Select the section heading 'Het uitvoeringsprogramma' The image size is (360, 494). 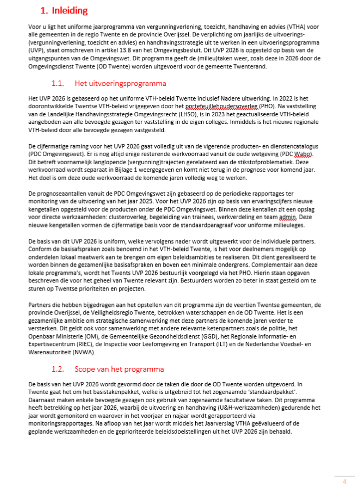[120, 82]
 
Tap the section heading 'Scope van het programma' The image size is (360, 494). [119, 369]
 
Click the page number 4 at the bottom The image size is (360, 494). [344, 482]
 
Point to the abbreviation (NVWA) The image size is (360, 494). [97, 352]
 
